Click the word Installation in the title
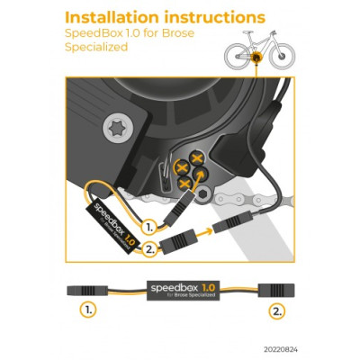pos(112,18)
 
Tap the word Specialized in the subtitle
pos(96,48)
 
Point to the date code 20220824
pos(281,350)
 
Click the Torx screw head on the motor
pos(117,129)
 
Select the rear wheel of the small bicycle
pos(237,56)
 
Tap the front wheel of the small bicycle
pos(282,56)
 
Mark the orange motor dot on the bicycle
pos(256,57)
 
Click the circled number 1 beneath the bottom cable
pos(88,310)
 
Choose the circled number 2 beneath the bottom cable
pos(276,311)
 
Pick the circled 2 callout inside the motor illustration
pos(149,249)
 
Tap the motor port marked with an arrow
pos(201,175)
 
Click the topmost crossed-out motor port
pos(196,158)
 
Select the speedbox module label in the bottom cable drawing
pos(183,291)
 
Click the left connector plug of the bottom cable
pos(87,291)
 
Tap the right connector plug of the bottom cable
pos(276,290)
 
